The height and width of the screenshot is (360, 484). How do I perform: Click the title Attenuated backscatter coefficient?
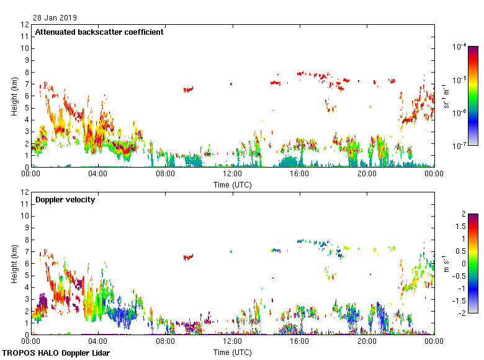99,32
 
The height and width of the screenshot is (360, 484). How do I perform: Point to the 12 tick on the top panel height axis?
25,25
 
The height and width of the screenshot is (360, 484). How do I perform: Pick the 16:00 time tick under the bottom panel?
300,341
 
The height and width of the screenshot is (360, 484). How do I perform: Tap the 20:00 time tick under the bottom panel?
367,341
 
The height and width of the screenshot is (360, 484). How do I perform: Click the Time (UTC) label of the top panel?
233,184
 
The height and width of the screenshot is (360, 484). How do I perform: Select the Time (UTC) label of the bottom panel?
233,352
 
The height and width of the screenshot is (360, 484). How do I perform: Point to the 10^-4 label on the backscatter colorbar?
460,47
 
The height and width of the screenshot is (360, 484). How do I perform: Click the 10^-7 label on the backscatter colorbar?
460,146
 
